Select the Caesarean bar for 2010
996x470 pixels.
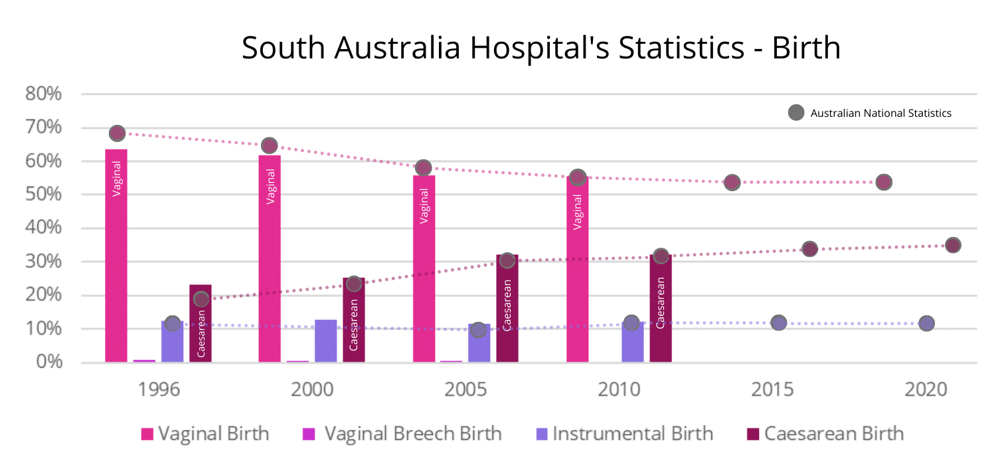[661, 308]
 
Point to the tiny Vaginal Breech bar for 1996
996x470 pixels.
[144, 360]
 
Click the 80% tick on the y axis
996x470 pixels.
[44, 94]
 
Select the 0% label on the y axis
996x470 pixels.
[48, 362]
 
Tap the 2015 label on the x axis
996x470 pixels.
[773, 390]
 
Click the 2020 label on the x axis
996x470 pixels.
[926, 390]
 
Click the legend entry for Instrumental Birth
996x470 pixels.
[624, 434]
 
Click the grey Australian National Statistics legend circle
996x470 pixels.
[795, 113]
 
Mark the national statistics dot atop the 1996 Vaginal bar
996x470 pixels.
[117, 133]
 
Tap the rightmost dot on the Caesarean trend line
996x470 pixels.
[953, 245]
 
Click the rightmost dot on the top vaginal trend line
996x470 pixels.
[883, 182]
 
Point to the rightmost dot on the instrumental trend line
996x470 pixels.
[927, 323]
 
